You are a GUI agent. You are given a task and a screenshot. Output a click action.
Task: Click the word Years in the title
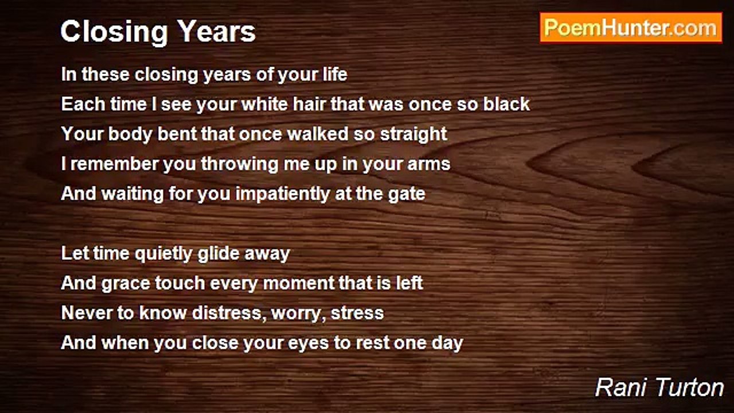coord(217,32)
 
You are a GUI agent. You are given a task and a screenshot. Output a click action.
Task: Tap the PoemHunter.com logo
coord(631,28)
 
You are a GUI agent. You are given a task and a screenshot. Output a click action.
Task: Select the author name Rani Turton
coord(659,387)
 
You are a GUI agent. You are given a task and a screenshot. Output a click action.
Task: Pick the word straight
coord(413,135)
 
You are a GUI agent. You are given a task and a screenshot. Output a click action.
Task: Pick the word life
coord(334,75)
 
